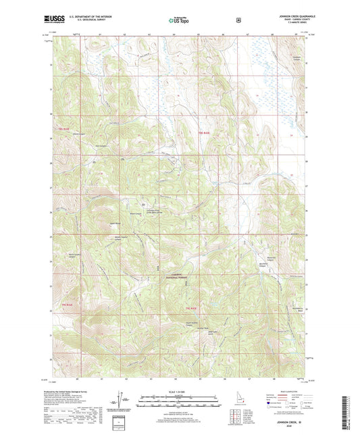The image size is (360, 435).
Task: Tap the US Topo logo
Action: click(179, 21)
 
